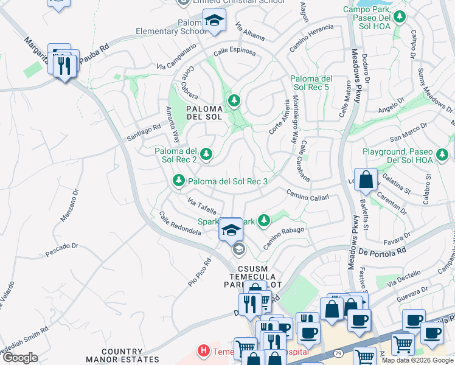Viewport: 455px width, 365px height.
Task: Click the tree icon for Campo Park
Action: (400, 17)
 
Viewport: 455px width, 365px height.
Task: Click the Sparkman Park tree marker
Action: (263, 221)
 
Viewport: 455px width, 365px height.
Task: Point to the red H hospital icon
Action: (204, 352)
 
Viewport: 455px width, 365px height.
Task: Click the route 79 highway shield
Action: (336, 352)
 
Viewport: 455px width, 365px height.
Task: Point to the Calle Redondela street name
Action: (180, 224)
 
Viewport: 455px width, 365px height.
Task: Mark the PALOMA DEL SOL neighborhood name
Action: (205, 113)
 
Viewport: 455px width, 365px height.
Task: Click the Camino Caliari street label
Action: (308, 196)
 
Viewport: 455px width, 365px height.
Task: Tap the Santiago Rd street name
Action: (144, 131)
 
